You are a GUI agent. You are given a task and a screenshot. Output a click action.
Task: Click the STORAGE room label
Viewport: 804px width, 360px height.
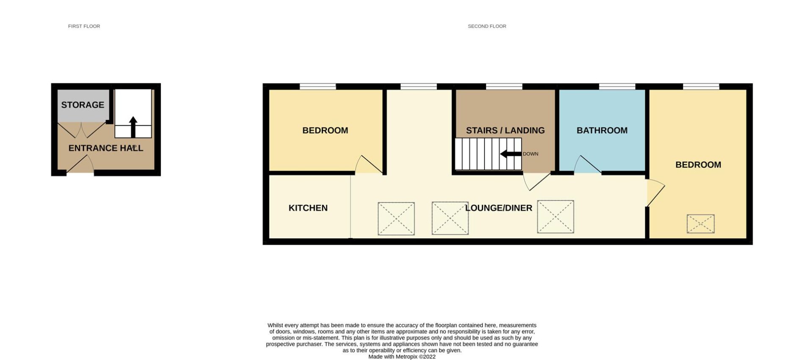[83, 105]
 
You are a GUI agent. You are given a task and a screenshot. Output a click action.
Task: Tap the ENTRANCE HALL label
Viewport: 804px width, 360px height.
[106, 148]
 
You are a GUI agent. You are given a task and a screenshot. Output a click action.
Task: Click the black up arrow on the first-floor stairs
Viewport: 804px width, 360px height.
[133, 127]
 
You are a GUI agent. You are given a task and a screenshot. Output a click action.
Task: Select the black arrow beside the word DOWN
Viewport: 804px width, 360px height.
[511, 154]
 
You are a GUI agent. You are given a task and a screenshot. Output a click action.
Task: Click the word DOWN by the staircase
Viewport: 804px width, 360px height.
[530, 154]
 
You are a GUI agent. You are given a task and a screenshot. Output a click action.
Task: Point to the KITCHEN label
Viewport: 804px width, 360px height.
[308, 208]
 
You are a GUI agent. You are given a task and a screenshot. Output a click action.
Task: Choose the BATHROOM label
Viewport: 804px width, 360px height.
[602, 131]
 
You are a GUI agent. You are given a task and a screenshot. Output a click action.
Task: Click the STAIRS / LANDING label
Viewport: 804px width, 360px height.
[505, 131]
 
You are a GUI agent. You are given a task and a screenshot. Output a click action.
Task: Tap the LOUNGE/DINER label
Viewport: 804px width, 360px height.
[498, 208]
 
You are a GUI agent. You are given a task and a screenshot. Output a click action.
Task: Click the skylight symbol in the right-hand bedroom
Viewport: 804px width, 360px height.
[700, 224]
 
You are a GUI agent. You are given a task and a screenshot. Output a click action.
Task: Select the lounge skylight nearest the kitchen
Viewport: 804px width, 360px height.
[396, 219]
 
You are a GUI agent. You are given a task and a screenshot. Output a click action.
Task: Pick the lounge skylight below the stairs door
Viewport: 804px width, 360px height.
[556, 217]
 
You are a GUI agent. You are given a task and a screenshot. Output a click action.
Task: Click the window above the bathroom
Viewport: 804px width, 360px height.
[617, 87]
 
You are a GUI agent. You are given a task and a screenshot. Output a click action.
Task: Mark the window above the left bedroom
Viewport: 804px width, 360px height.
[318, 87]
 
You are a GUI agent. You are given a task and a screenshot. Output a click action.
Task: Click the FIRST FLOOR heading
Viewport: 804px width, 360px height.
[84, 26]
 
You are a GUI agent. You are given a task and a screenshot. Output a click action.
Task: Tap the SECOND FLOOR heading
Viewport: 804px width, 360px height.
[487, 26]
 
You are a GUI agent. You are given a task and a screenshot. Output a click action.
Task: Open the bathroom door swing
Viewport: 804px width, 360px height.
[587, 165]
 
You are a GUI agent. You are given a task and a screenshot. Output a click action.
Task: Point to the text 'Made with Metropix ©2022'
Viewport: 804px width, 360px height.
[402, 357]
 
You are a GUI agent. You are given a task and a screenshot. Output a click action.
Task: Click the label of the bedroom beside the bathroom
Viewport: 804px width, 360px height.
[698, 165]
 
